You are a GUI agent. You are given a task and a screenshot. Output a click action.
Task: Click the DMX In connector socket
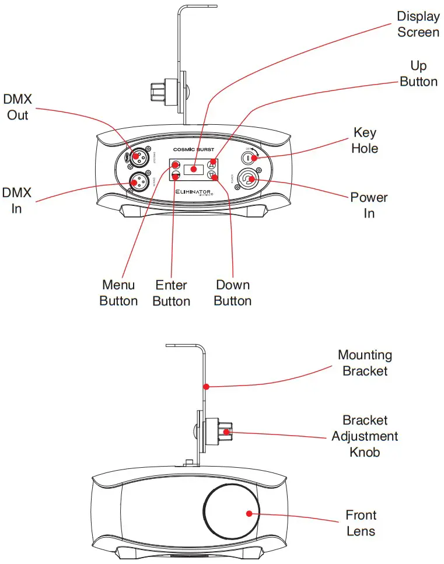tap(137, 183)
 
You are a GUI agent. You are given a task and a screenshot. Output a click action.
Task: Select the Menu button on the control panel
tap(175, 164)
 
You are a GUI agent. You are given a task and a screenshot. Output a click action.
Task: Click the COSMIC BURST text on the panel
tap(193, 149)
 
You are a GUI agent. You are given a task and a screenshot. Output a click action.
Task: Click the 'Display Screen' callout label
tap(418, 24)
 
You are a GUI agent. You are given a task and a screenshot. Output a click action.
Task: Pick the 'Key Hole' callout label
tap(365, 140)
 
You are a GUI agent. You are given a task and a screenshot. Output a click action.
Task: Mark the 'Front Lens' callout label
tap(361, 523)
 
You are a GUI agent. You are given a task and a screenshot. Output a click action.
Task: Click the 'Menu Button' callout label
tap(118, 293)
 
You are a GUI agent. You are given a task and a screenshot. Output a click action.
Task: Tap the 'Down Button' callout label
tap(233, 293)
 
